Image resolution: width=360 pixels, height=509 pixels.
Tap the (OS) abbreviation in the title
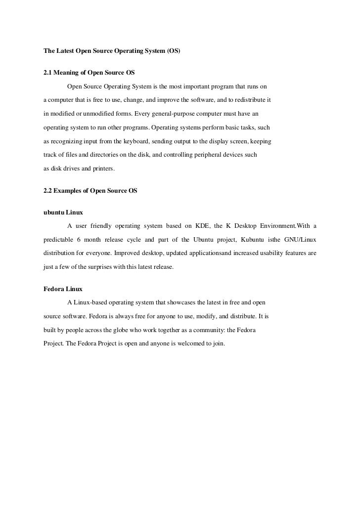[x=174, y=51]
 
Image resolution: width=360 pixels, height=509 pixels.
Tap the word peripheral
[x=196, y=155]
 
